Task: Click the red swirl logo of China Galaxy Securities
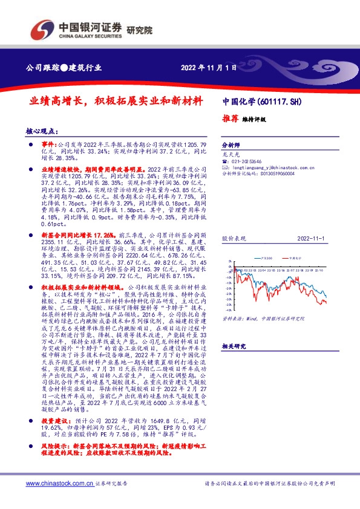44,28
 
